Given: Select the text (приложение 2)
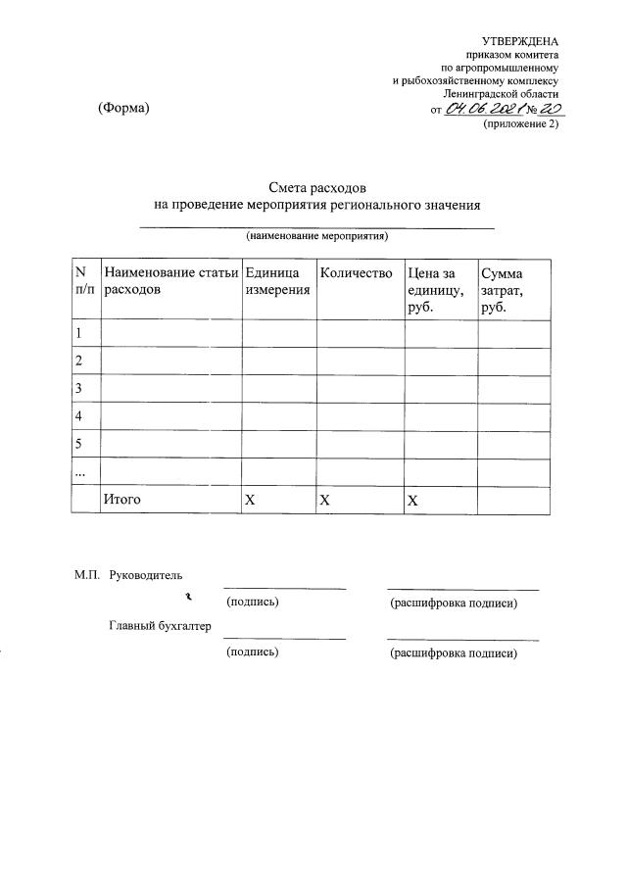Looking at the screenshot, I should (521, 124).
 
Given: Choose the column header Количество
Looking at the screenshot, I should (357, 273).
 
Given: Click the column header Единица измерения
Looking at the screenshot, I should (272, 281).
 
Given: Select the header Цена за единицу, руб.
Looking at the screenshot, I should (437, 289).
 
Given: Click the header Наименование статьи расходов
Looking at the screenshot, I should (170, 281).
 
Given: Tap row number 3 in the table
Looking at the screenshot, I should (78, 389).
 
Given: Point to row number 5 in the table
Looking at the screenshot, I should (78, 444).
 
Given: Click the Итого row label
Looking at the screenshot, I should (122, 500).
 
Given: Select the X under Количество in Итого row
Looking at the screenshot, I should (324, 500).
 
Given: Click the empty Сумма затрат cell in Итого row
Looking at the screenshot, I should (513, 500).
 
